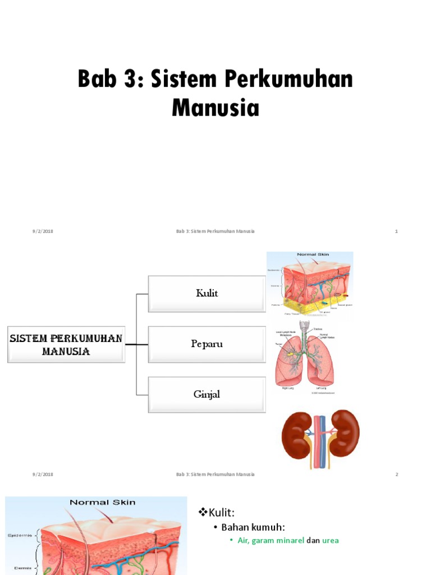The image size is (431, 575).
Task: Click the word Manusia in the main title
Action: point(215,107)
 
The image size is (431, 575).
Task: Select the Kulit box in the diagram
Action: point(207,293)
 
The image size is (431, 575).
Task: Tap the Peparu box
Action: point(207,344)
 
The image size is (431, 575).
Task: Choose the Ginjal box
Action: point(207,394)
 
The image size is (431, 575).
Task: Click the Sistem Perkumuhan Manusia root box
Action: point(66,344)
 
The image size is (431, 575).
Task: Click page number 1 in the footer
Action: point(396,231)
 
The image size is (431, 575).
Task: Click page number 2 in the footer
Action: point(396,474)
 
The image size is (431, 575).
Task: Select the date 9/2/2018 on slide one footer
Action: point(43,231)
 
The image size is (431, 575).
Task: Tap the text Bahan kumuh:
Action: point(253,527)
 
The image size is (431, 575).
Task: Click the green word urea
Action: point(330,540)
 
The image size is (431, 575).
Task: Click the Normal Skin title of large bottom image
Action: point(102,502)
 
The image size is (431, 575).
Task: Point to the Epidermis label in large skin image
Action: point(20,535)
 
